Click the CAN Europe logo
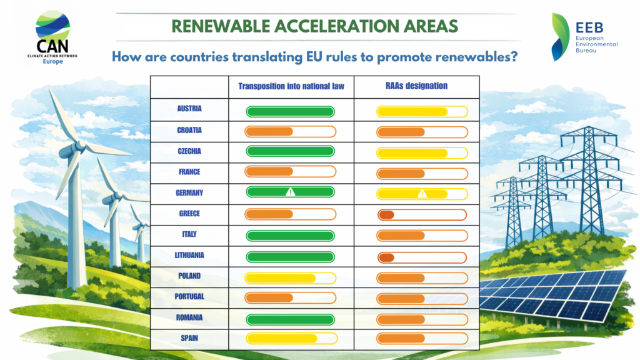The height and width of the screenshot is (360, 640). (x=53, y=39)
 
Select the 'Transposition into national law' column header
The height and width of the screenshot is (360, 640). (x=291, y=86)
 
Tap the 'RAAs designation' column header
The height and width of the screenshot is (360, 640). (x=417, y=86)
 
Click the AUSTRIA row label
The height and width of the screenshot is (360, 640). (x=189, y=109)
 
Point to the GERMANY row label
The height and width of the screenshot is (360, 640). (x=189, y=193)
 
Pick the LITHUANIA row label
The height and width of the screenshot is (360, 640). (x=189, y=255)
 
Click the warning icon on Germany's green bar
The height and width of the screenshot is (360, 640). (x=290, y=192)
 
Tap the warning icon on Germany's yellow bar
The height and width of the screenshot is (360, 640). (x=422, y=194)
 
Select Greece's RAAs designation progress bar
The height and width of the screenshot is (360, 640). (x=422, y=215)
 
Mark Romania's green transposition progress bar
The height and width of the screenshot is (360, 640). (x=291, y=319)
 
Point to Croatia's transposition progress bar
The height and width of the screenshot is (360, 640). (x=291, y=132)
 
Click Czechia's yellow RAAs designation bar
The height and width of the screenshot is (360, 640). (x=422, y=153)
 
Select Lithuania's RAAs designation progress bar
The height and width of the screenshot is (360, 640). (x=422, y=257)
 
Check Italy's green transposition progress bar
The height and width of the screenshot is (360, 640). (x=291, y=236)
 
